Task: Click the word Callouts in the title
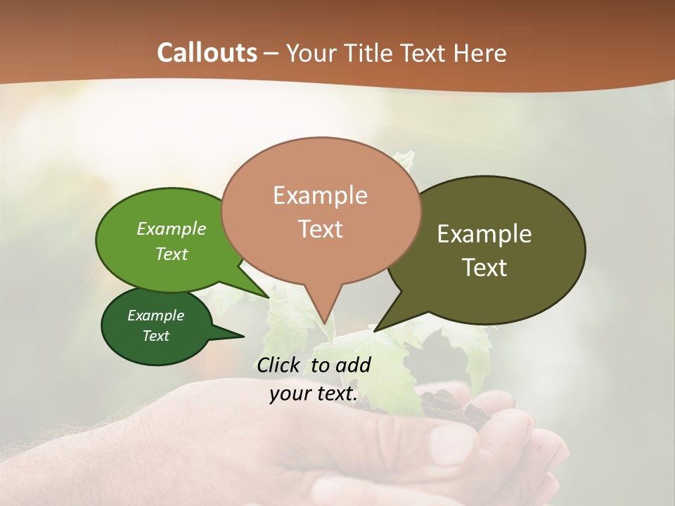pyautogui.click(x=207, y=53)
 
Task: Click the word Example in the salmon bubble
pyautogui.click(x=320, y=195)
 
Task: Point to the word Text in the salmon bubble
pyautogui.click(x=321, y=229)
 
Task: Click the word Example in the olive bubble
pyautogui.click(x=484, y=234)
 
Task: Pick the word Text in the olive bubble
pyautogui.click(x=485, y=268)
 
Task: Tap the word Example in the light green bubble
pyautogui.click(x=171, y=229)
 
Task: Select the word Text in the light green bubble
pyautogui.click(x=171, y=254)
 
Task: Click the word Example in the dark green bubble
pyautogui.click(x=155, y=316)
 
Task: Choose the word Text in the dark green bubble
pyautogui.click(x=155, y=336)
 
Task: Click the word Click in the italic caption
pyautogui.click(x=280, y=365)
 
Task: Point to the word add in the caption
pyautogui.click(x=353, y=365)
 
